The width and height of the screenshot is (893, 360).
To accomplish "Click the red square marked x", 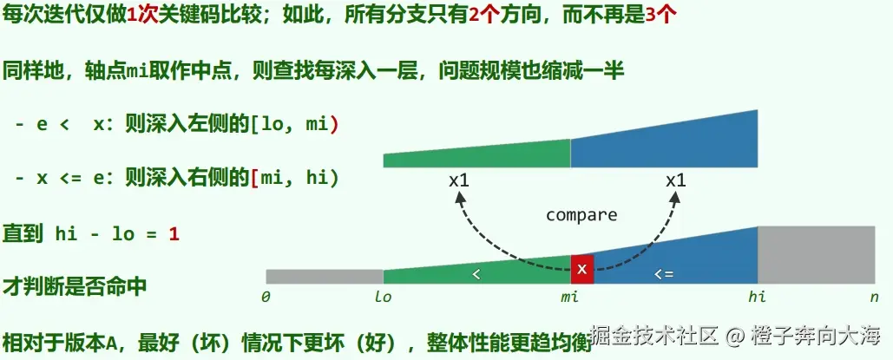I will pos(582,269).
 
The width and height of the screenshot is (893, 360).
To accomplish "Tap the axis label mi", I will pos(569,297).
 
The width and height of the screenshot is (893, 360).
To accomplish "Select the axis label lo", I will pos(384,297).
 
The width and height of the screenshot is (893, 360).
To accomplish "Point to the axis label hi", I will pos(758,297).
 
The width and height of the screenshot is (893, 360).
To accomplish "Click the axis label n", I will pos(875,297).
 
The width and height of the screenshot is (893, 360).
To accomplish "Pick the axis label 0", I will pos(266,297).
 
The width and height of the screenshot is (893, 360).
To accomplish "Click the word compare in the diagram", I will pos(581,214).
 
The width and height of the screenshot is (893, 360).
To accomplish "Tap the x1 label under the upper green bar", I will pos(459,180).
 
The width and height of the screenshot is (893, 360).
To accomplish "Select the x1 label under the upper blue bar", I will pos(675,180).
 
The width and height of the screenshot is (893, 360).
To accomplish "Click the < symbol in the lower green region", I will pos(475,273).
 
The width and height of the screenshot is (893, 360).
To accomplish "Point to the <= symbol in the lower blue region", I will pos(663,273).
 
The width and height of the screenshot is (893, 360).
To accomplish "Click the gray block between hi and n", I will pos(816,254).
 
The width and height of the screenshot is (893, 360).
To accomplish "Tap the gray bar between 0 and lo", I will pos(324,276).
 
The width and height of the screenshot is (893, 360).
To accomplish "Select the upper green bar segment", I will pos(476,156).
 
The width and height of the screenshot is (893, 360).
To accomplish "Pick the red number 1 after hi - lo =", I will pos(174,233).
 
